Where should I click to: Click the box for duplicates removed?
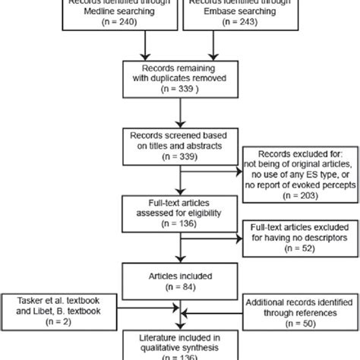coord(180,78)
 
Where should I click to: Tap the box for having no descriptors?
coord(293,254)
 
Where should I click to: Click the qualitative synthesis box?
coord(180,349)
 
